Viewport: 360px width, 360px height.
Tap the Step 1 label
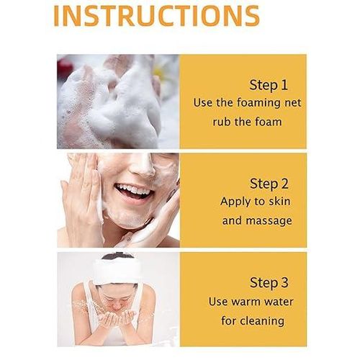pyautogui.click(x=269, y=85)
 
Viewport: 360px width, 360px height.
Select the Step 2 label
pyautogui.click(x=269, y=184)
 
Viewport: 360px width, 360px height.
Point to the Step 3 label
pyautogui.click(x=269, y=283)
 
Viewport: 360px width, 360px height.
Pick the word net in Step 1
pyautogui.click(x=293, y=103)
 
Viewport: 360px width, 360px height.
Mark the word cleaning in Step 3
pyautogui.click(x=262, y=321)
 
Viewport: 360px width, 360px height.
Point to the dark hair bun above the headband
pyautogui.click(x=117, y=256)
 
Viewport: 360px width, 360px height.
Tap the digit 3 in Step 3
pyautogui.click(x=284, y=282)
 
